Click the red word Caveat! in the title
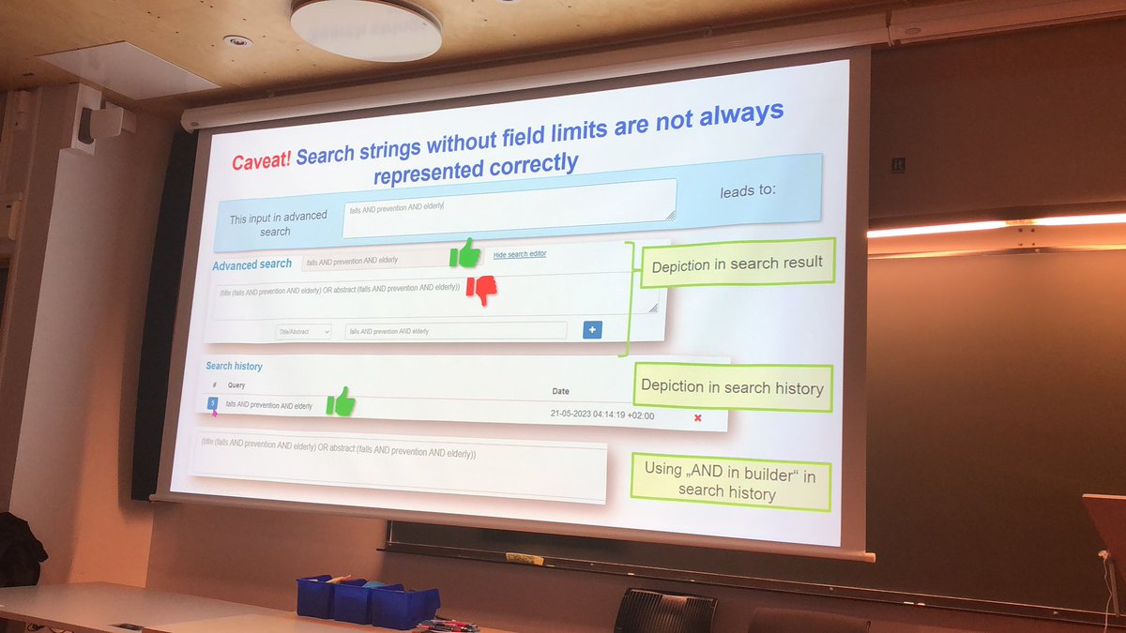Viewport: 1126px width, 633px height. point(261,162)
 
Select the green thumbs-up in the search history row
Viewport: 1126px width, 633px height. point(341,401)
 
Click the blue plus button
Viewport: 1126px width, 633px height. point(592,329)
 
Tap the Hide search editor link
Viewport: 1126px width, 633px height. point(520,254)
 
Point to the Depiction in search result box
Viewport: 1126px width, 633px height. point(737,265)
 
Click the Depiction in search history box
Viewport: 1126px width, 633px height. point(732,386)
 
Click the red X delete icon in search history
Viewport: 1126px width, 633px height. point(697,417)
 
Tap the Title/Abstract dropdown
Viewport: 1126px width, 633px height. point(303,331)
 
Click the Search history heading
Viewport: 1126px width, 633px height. point(235,366)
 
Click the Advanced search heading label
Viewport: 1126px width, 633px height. point(251,265)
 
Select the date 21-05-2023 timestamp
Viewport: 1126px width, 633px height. point(601,414)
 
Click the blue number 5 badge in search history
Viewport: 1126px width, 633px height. point(213,403)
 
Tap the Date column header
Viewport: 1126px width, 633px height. point(560,391)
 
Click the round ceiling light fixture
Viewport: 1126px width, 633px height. point(366,28)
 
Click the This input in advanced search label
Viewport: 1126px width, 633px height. point(278,223)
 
